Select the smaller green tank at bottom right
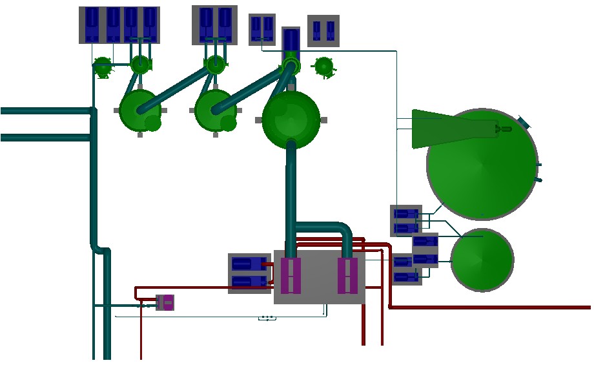[x=482, y=260]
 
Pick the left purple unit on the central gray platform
[x=291, y=276]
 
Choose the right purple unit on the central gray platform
[x=347, y=276]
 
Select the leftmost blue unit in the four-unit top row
[x=92, y=25]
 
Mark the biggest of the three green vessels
[x=291, y=119]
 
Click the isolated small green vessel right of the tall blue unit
[x=324, y=66]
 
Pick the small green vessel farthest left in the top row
[x=103, y=66]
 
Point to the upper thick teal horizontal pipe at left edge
[x=39, y=111]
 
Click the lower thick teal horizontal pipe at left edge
[x=39, y=137]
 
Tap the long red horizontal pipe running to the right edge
[x=491, y=308]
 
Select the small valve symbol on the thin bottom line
[x=267, y=318]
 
